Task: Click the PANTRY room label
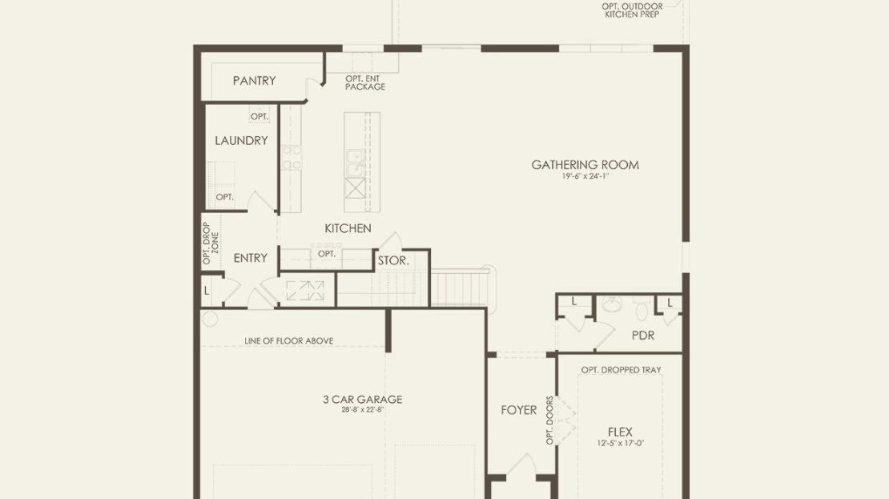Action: pos(254,81)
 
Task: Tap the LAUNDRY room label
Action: pos(241,141)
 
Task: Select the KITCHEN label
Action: pos(348,228)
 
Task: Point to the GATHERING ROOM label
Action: pos(585,165)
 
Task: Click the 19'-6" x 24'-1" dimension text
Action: pos(585,176)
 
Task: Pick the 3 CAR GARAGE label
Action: pos(363,399)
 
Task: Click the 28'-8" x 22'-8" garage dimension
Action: pos(363,409)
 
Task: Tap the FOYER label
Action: pos(519,410)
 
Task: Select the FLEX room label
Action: pos(620,432)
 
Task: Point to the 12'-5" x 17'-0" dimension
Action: pos(620,444)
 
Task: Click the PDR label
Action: pos(643,336)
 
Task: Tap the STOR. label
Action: pos(393,261)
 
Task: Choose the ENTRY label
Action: pos(250,258)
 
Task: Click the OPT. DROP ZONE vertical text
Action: pos(211,243)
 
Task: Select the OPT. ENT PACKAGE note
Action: pos(365,82)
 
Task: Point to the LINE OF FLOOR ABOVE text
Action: pos(288,340)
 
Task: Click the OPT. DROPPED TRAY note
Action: pos(621,370)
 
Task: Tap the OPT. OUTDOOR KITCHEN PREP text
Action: pos(632,10)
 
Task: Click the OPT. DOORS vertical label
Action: pos(549,421)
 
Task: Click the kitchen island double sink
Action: pos(356,163)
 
